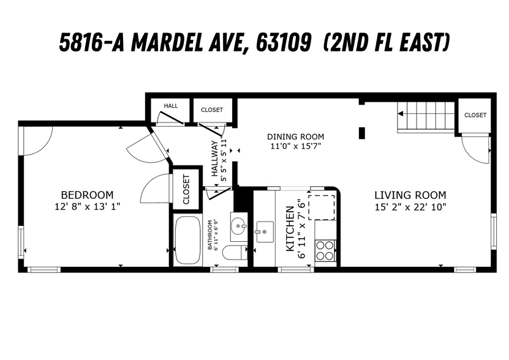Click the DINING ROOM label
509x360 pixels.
(296, 137)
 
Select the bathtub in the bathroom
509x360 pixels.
(189, 240)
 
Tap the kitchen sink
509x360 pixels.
(265, 231)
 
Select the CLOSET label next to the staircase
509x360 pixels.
(475, 115)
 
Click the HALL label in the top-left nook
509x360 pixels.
(170, 106)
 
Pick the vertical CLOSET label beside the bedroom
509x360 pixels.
(187, 189)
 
